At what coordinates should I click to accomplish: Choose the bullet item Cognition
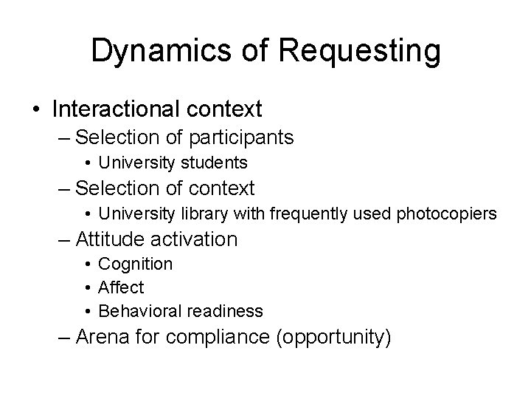135,264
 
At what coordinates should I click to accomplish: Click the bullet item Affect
121,287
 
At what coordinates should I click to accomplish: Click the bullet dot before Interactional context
36,110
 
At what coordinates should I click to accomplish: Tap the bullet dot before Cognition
87,264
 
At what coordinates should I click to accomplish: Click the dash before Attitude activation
66,239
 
